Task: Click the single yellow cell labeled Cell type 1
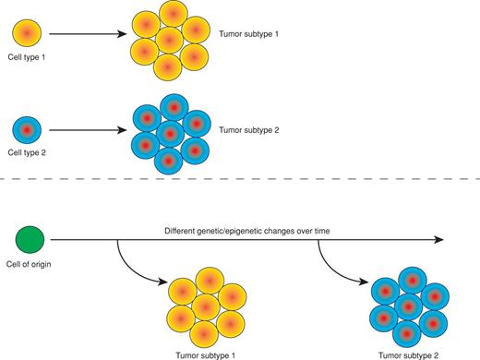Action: (x=26, y=35)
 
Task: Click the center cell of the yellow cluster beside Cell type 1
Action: (x=166, y=42)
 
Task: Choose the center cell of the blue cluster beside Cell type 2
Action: (x=166, y=131)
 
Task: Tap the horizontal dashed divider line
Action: (x=240, y=178)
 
